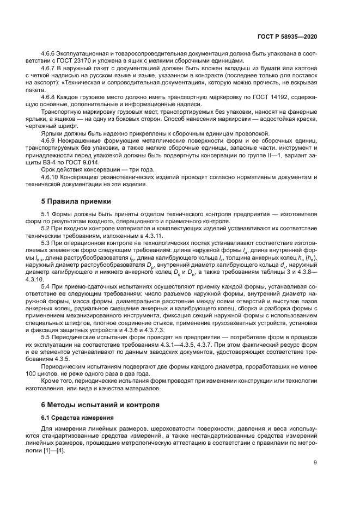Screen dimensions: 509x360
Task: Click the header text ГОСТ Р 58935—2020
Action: [289, 36]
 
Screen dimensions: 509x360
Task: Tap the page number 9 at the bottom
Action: [315, 463]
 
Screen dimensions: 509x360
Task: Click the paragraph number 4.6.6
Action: [50, 54]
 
